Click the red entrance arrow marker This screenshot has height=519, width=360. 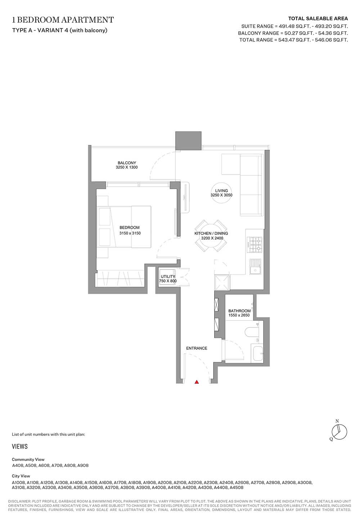coord(197,382)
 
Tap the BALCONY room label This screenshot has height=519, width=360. coord(127,163)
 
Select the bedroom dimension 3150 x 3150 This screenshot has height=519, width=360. coord(130,233)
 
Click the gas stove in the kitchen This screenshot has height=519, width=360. coord(255,245)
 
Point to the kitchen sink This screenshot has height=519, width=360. coord(255,267)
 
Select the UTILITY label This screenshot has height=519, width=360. coord(168,276)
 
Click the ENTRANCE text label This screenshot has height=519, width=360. coord(197,348)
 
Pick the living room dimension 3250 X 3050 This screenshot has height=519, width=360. coord(221,195)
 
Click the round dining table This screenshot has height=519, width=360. coord(211,236)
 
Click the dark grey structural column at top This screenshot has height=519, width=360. coord(188,141)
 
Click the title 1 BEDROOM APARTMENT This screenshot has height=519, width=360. coord(63,20)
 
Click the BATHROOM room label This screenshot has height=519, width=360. coord(239,311)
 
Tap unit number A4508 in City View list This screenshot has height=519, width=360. coord(236,488)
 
